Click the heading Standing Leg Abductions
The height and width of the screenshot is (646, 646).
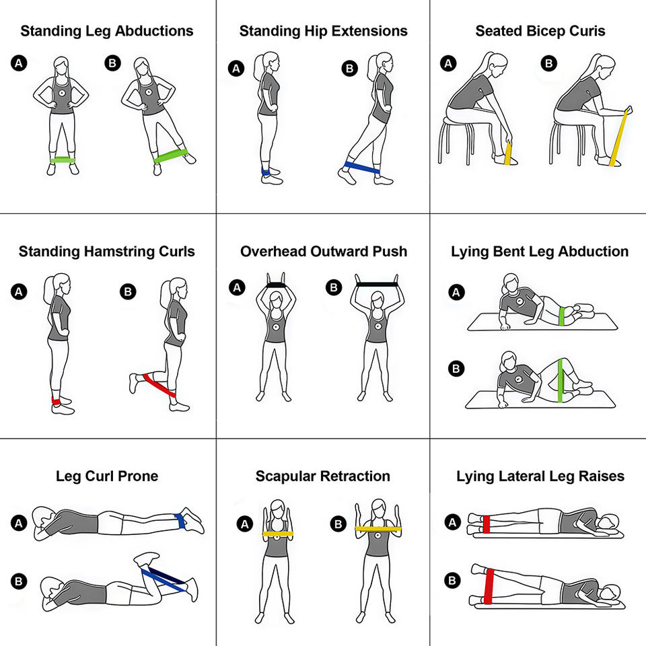(107, 31)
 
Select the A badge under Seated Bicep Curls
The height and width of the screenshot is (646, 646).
(448, 63)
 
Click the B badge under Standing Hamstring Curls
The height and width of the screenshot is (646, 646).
(128, 291)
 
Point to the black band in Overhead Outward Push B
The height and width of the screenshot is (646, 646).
(377, 284)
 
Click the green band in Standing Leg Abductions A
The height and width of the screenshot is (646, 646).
(63, 160)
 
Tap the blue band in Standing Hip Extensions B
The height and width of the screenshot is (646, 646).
(362, 168)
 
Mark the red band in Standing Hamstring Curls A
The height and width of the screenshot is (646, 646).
(56, 401)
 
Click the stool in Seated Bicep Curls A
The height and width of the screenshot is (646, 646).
(456, 139)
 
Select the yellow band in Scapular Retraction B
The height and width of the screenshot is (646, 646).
(378, 529)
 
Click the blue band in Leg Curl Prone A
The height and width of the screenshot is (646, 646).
(180, 521)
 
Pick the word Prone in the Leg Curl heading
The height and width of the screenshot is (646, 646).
(138, 476)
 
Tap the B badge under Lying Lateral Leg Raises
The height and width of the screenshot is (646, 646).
(452, 581)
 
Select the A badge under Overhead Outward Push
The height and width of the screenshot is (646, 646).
(237, 287)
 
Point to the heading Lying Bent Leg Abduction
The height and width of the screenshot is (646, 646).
(540, 251)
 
